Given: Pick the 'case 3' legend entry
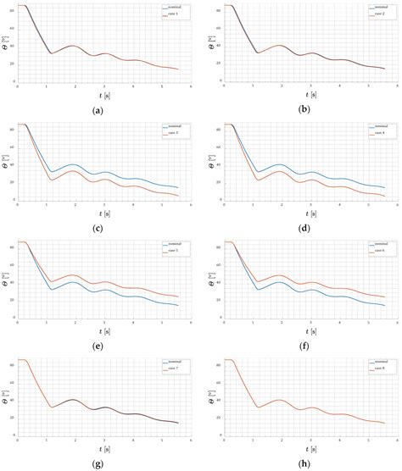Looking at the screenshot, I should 175,133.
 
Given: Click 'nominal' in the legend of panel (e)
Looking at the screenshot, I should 175,244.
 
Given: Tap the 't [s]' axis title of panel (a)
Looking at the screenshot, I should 103,95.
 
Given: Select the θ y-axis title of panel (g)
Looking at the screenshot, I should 7,395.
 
